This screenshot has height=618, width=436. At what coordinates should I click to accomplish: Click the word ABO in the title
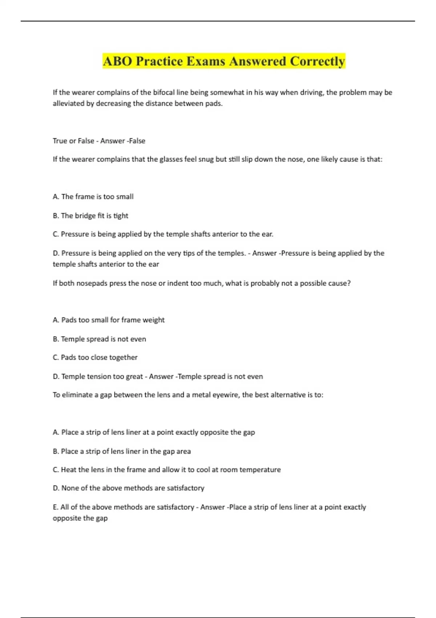tap(117, 61)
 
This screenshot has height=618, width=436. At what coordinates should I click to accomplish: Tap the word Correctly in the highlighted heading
tap(317, 61)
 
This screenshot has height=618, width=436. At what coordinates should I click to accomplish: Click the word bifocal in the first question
tap(165, 92)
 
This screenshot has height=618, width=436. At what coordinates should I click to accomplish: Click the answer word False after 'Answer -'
tap(137, 141)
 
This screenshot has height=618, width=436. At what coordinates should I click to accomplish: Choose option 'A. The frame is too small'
tap(93, 197)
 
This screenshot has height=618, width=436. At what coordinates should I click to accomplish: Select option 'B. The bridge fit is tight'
tap(90, 216)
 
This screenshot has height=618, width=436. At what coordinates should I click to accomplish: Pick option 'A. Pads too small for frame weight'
tap(109, 320)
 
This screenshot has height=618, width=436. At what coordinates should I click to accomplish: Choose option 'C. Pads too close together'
tap(95, 357)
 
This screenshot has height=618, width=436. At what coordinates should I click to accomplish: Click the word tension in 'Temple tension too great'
tap(99, 377)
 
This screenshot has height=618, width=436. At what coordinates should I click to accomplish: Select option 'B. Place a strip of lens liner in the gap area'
tap(122, 451)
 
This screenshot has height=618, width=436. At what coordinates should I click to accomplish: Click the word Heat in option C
tap(69, 470)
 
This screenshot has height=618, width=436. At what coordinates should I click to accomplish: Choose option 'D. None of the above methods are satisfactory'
tap(129, 488)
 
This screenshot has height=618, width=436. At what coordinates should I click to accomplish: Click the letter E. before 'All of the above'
tap(55, 507)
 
